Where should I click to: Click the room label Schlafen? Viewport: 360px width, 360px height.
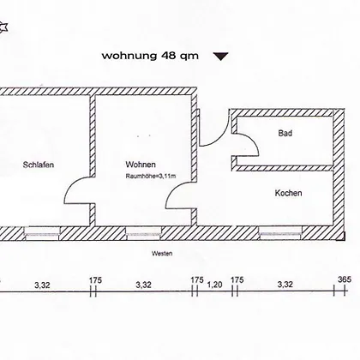click(39, 165)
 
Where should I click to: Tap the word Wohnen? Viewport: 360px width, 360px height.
click(141, 165)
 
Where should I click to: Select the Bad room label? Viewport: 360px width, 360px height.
click(285, 133)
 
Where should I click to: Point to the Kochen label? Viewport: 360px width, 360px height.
click(288, 193)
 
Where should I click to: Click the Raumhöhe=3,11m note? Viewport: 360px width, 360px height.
click(151, 177)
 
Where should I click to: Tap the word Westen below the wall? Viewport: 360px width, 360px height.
click(162, 254)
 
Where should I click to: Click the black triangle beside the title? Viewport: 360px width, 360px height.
click(221, 57)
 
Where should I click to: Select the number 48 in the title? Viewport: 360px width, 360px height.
click(168, 55)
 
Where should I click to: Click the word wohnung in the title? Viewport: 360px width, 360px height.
click(129, 56)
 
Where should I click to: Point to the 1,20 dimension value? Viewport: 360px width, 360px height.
click(214, 285)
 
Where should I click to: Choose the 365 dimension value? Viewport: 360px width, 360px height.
click(345, 279)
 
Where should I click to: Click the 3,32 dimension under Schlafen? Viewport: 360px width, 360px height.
click(42, 285)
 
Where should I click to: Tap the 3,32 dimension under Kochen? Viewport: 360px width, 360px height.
click(285, 285)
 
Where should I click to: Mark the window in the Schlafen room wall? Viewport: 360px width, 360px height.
click(42, 233)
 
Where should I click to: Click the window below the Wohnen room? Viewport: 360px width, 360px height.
click(143, 233)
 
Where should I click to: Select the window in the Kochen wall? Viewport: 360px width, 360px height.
click(280, 233)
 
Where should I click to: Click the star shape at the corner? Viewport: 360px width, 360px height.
click(3, 27)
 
